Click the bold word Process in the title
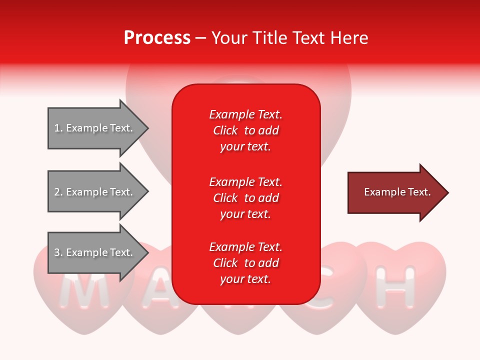pyautogui.click(x=157, y=38)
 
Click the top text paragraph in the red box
pyautogui.click(x=245, y=130)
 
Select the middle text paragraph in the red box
pyautogui.click(x=245, y=198)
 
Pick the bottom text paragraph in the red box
pyautogui.click(x=245, y=263)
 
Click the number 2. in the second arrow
pyautogui.click(x=58, y=192)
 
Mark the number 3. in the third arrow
pyautogui.click(x=58, y=252)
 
